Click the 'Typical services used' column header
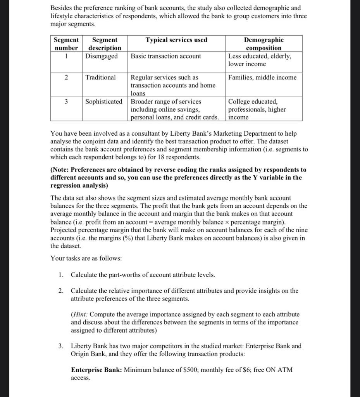click(176, 40)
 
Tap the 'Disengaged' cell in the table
click(102, 56)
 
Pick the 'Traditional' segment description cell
click(100, 78)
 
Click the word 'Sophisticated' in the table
click(103, 102)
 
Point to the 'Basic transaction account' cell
click(166, 56)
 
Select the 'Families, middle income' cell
click(262, 78)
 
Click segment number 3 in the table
click(66, 102)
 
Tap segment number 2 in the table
click(66, 78)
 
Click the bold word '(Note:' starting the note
click(60, 170)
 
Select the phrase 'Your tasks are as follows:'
click(86, 258)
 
